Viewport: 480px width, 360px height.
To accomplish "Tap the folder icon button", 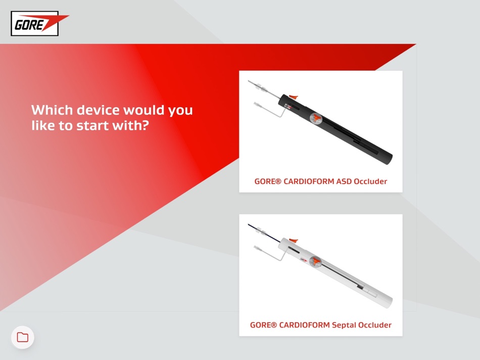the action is tap(23, 337).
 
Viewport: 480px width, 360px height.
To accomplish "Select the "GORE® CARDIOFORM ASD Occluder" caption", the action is tap(320, 182).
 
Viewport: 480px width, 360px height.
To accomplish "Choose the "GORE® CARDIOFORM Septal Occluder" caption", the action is tap(320, 325).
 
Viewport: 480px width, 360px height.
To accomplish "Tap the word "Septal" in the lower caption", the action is tap(344, 325).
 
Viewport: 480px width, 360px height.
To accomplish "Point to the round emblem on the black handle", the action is tap(316, 119).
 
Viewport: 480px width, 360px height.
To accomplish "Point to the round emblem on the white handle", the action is tap(315, 261).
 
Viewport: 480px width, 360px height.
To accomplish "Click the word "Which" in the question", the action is tap(52, 110).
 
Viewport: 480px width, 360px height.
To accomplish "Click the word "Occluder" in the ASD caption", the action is tap(370, 182).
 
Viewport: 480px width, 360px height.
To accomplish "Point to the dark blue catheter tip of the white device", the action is tap(252, 227).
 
